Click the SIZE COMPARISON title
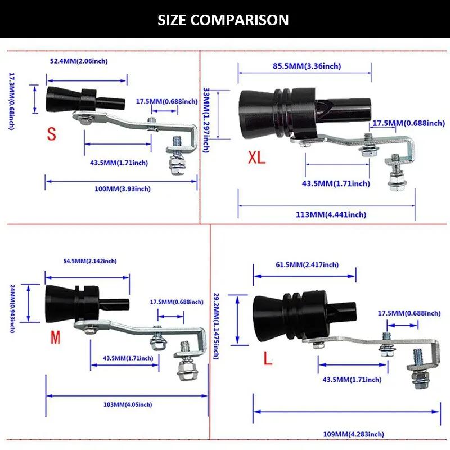pyautogui.click(x=223, y=20)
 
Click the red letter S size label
pyautogui.click(x=52, y=134)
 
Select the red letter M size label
pyautogui.click(x=55, y=337)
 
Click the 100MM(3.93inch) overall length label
pyautogui.click(x=122, y=189)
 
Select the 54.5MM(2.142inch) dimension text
pyautogui.click(x=90, y=261)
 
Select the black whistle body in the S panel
pyautogui.click(x=82, y=100)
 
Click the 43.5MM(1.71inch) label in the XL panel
pyautogui.click(x=336, y=183)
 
